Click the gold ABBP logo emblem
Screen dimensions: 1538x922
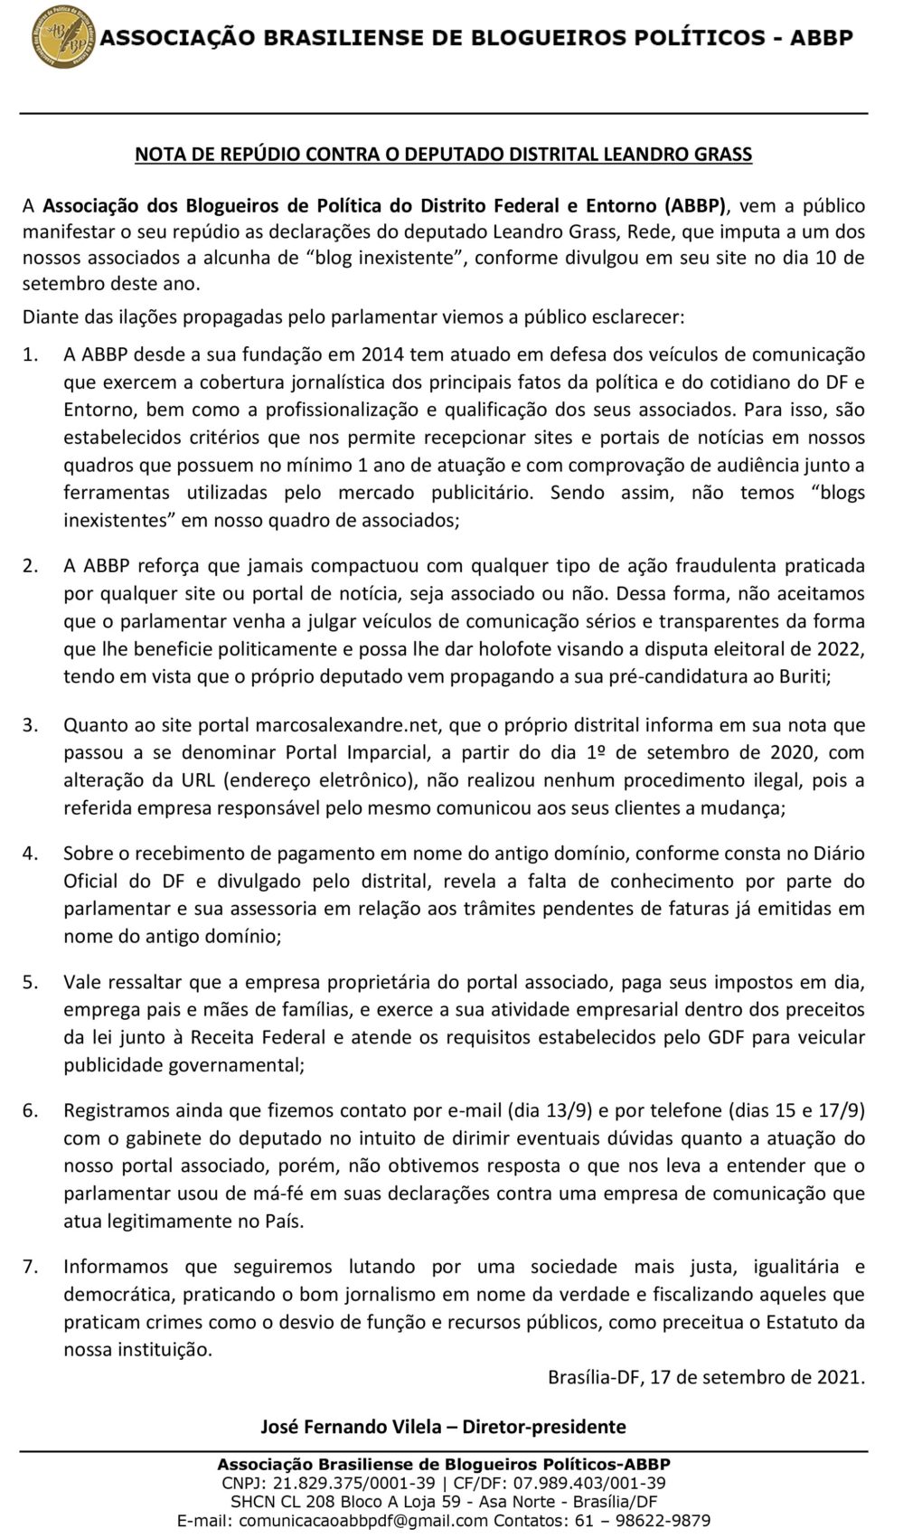(62, 37)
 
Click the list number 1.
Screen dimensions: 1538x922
(30, 354)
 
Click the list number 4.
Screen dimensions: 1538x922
(30, 853)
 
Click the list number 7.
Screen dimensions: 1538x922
(30, 1266)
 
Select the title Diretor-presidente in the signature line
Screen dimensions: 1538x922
(544, 1427)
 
